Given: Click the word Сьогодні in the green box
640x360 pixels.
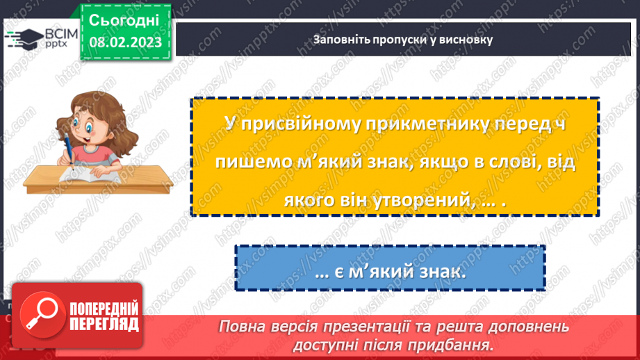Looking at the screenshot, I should [x=124, y=19].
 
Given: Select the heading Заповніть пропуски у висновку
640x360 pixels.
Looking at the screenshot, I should [x=403, y=40].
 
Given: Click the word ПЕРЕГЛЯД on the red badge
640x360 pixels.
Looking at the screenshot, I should [x=102, y=323].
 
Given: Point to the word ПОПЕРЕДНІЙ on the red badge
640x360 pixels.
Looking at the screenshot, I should [x=102, y=308].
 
